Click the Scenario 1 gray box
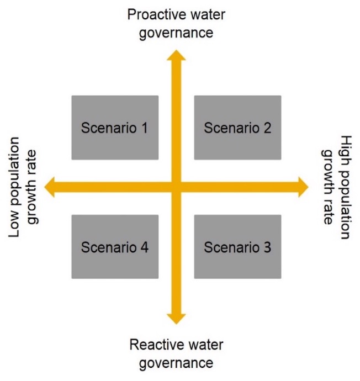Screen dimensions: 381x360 point(115,128)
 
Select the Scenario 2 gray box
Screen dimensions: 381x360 point(237,128)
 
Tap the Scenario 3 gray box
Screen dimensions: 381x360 point(237,246)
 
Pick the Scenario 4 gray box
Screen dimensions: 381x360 point(115,246)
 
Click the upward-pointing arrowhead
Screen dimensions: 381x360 point(176,55)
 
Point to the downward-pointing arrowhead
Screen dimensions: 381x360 point(176,317)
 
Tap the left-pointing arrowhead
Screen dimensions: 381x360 point(50,187)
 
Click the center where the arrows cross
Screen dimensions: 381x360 point(176,187)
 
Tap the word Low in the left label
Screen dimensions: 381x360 point(15,226)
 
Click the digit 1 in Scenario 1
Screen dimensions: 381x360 point(144,128)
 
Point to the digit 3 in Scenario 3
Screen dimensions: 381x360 point(267,247)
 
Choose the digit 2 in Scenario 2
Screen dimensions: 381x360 point(267,128)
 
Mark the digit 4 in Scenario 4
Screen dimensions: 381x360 point(144,247)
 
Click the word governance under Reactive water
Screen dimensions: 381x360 point(176,363)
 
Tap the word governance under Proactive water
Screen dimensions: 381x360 point(176,32)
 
